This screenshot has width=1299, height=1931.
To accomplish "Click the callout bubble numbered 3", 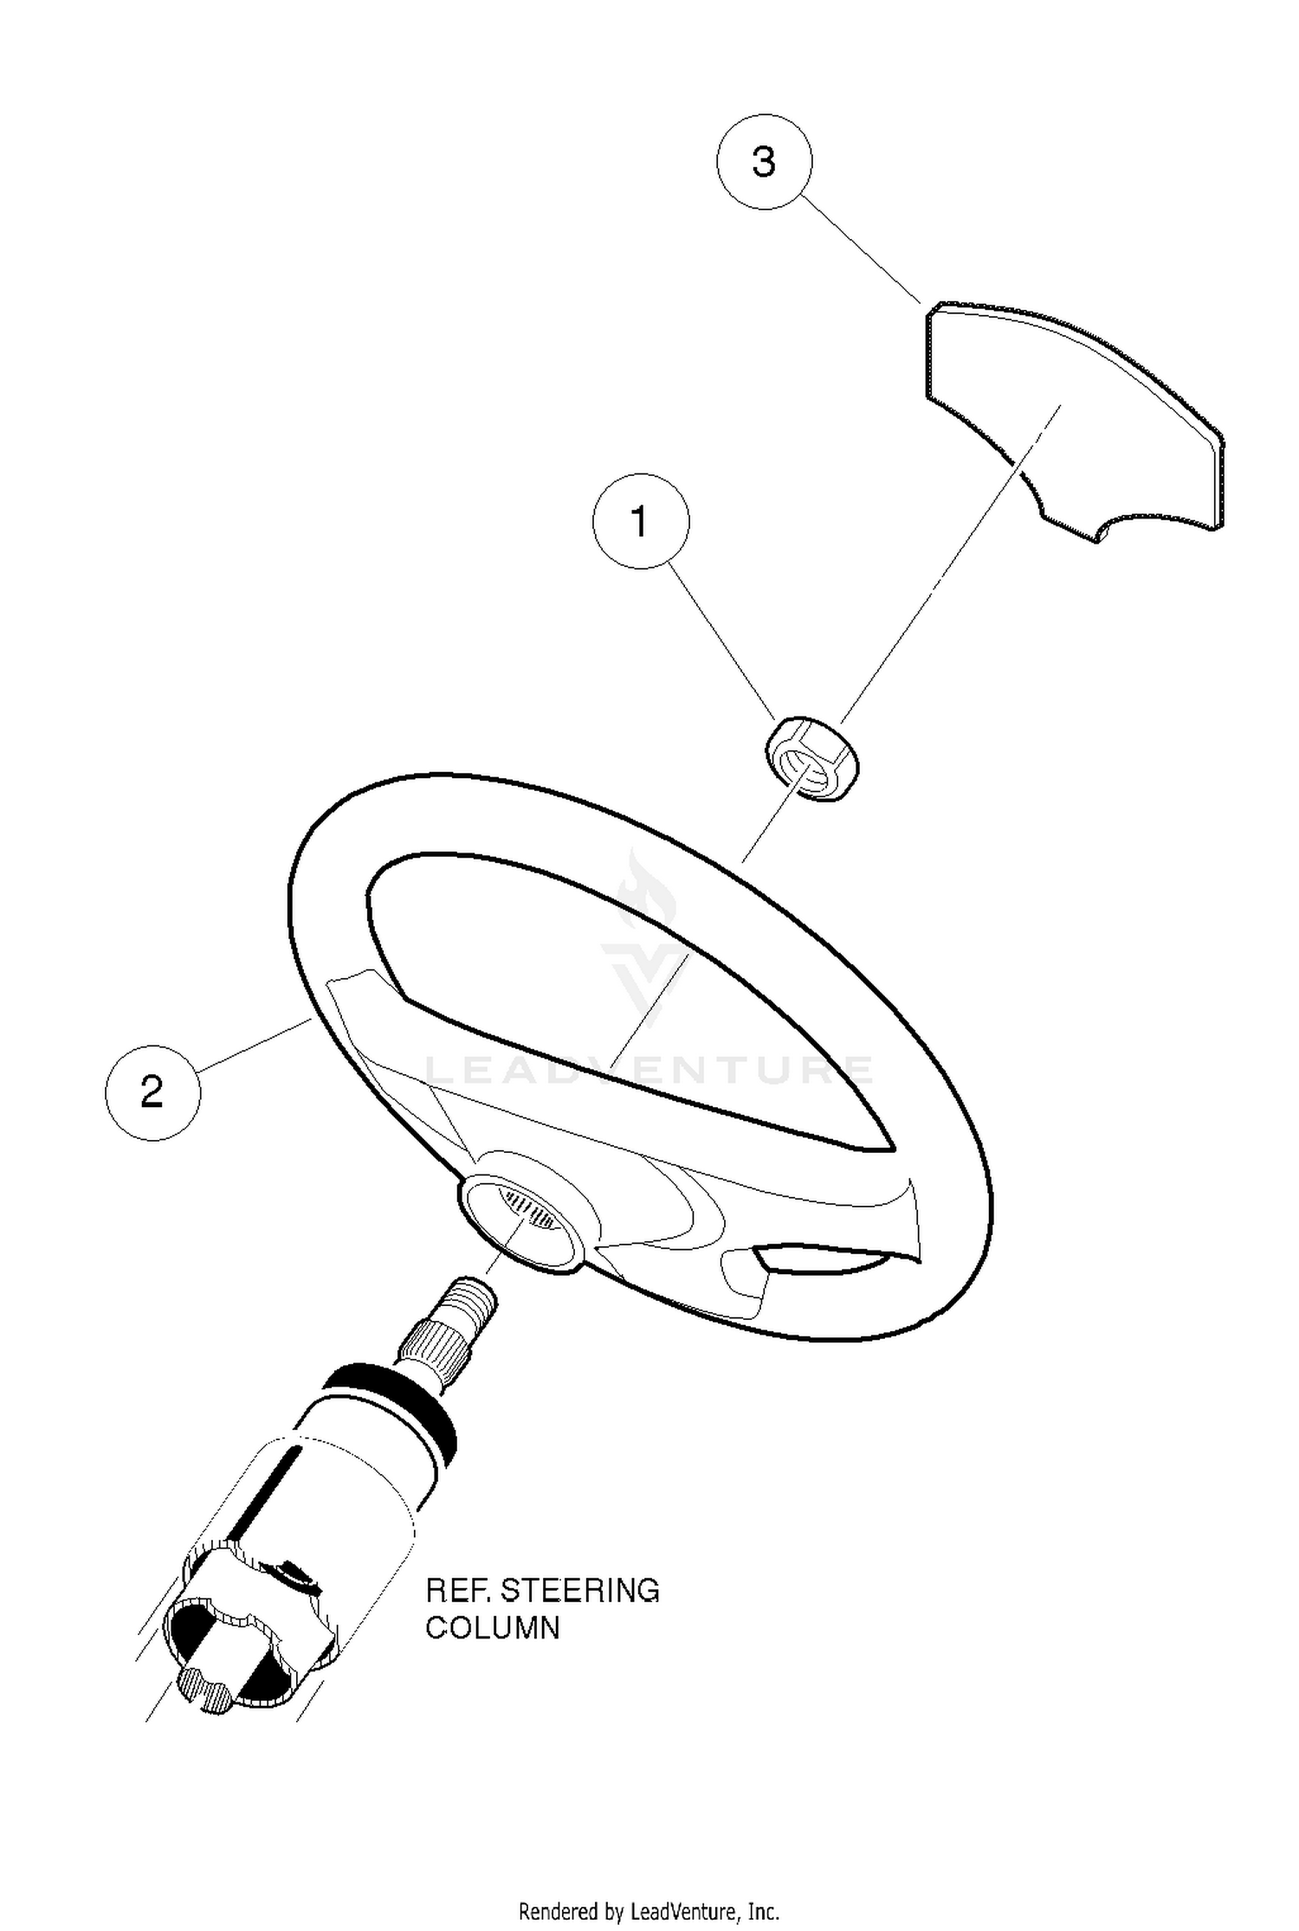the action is tap(765, 162).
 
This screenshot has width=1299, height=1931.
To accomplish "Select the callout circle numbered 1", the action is tap(641, 521).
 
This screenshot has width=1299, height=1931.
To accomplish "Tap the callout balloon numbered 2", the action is tap(152, 1092).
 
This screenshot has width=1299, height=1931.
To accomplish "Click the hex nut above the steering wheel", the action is tap(811, 758).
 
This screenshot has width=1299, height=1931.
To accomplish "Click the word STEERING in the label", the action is tap(579, 1590).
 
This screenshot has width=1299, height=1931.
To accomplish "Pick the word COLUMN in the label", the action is tap(493, 1628).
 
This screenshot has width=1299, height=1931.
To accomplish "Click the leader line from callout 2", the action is tap(255, 1046).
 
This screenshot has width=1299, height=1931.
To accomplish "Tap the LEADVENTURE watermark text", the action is tap(649, 1071).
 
